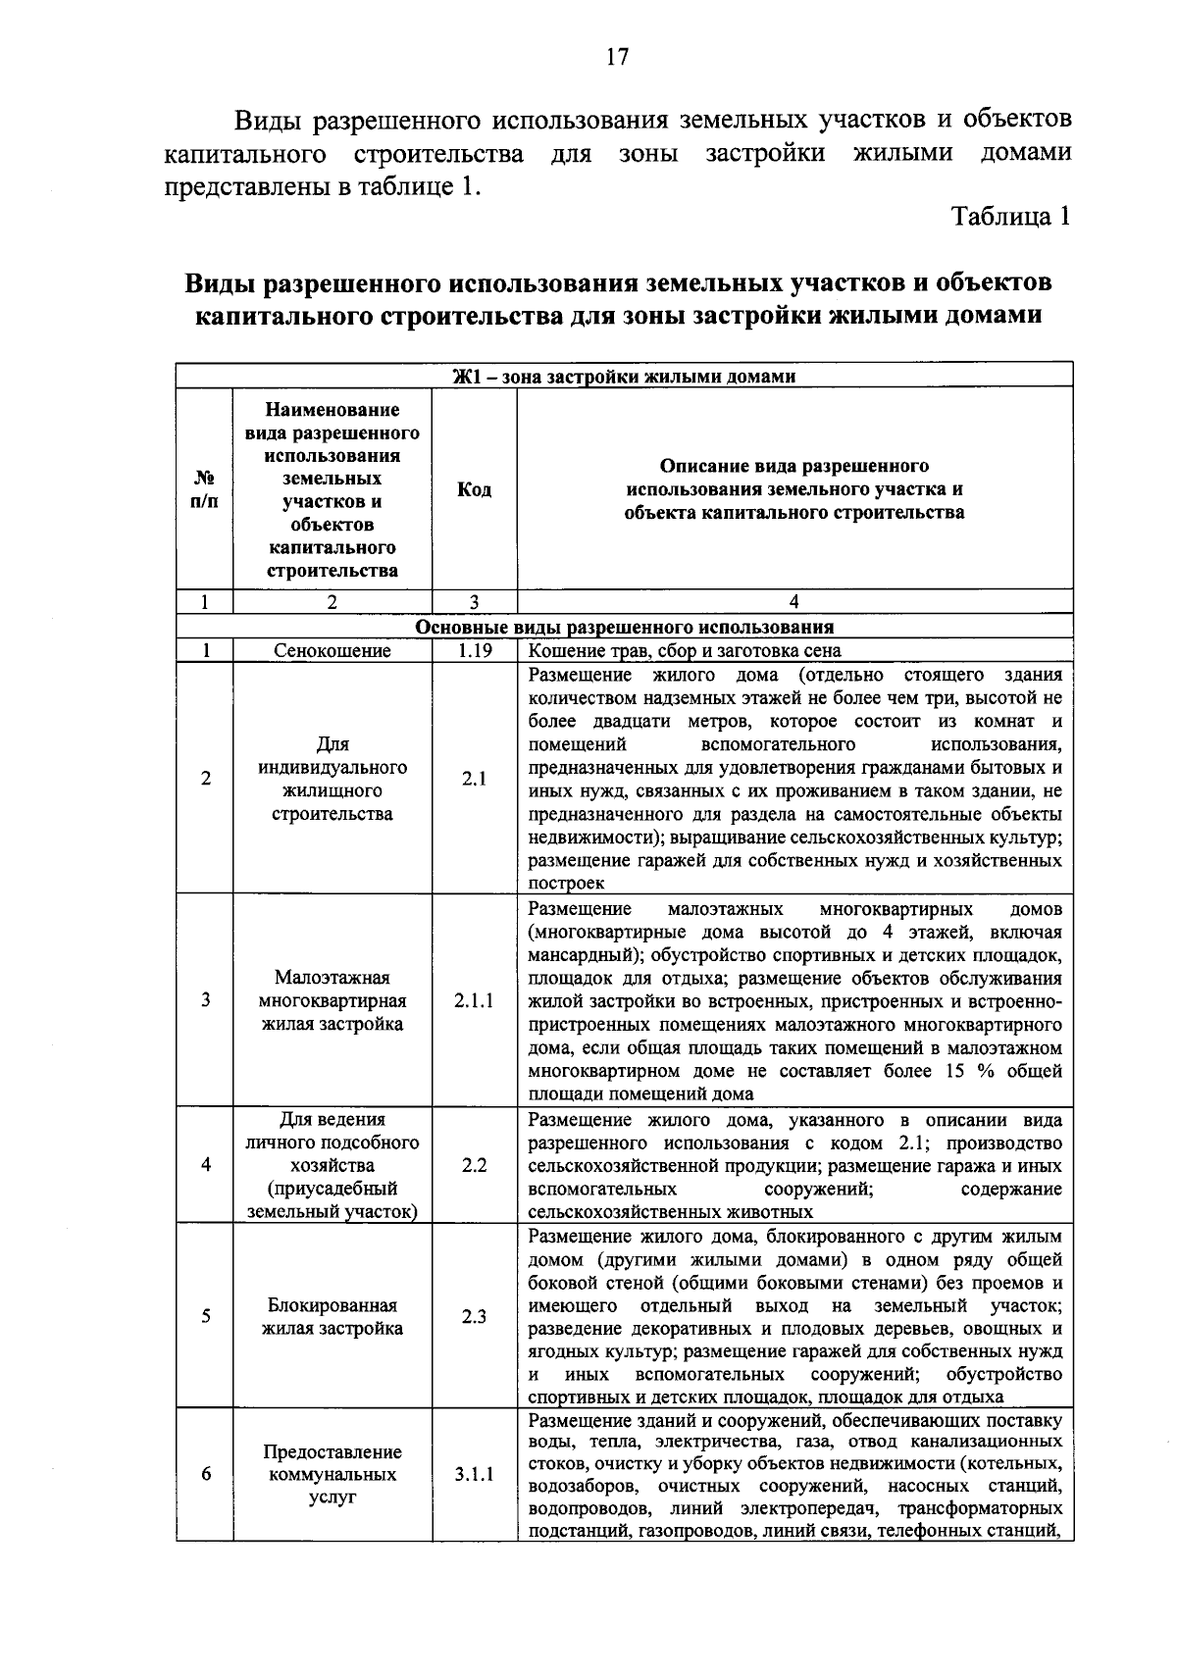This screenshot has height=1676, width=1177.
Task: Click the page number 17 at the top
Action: click(616, 57)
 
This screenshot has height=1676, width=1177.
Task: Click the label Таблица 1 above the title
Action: click(1011, 217)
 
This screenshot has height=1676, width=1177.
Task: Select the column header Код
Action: click(475, 489)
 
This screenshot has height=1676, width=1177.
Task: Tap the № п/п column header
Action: click(205, 489)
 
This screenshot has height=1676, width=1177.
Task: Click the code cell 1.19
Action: click(475, 651)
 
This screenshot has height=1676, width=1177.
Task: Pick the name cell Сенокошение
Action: click(333, 651)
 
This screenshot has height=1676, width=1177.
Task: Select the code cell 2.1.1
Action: click(475, 1001)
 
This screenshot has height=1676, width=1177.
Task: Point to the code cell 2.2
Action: click(475, 1165)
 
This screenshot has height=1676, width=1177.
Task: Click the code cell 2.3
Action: click(475, 1317)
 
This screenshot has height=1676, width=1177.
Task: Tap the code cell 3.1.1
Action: click(475, 1475)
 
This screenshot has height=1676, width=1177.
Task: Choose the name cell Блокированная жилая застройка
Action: click(333, 1317)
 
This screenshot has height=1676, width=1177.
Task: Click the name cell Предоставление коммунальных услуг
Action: click(333, 1475)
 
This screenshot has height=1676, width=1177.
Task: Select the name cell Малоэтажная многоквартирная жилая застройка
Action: click(333, 1001)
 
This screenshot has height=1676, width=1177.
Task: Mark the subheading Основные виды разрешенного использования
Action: click(625, 628)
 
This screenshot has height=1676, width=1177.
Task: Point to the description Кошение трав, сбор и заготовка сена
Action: click(685, 651)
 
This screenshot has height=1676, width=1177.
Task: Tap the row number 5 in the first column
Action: click(205, 1317)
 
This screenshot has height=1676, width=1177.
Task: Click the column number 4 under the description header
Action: click(794, 603)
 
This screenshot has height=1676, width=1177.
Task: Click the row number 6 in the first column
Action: click(205, 1475)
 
